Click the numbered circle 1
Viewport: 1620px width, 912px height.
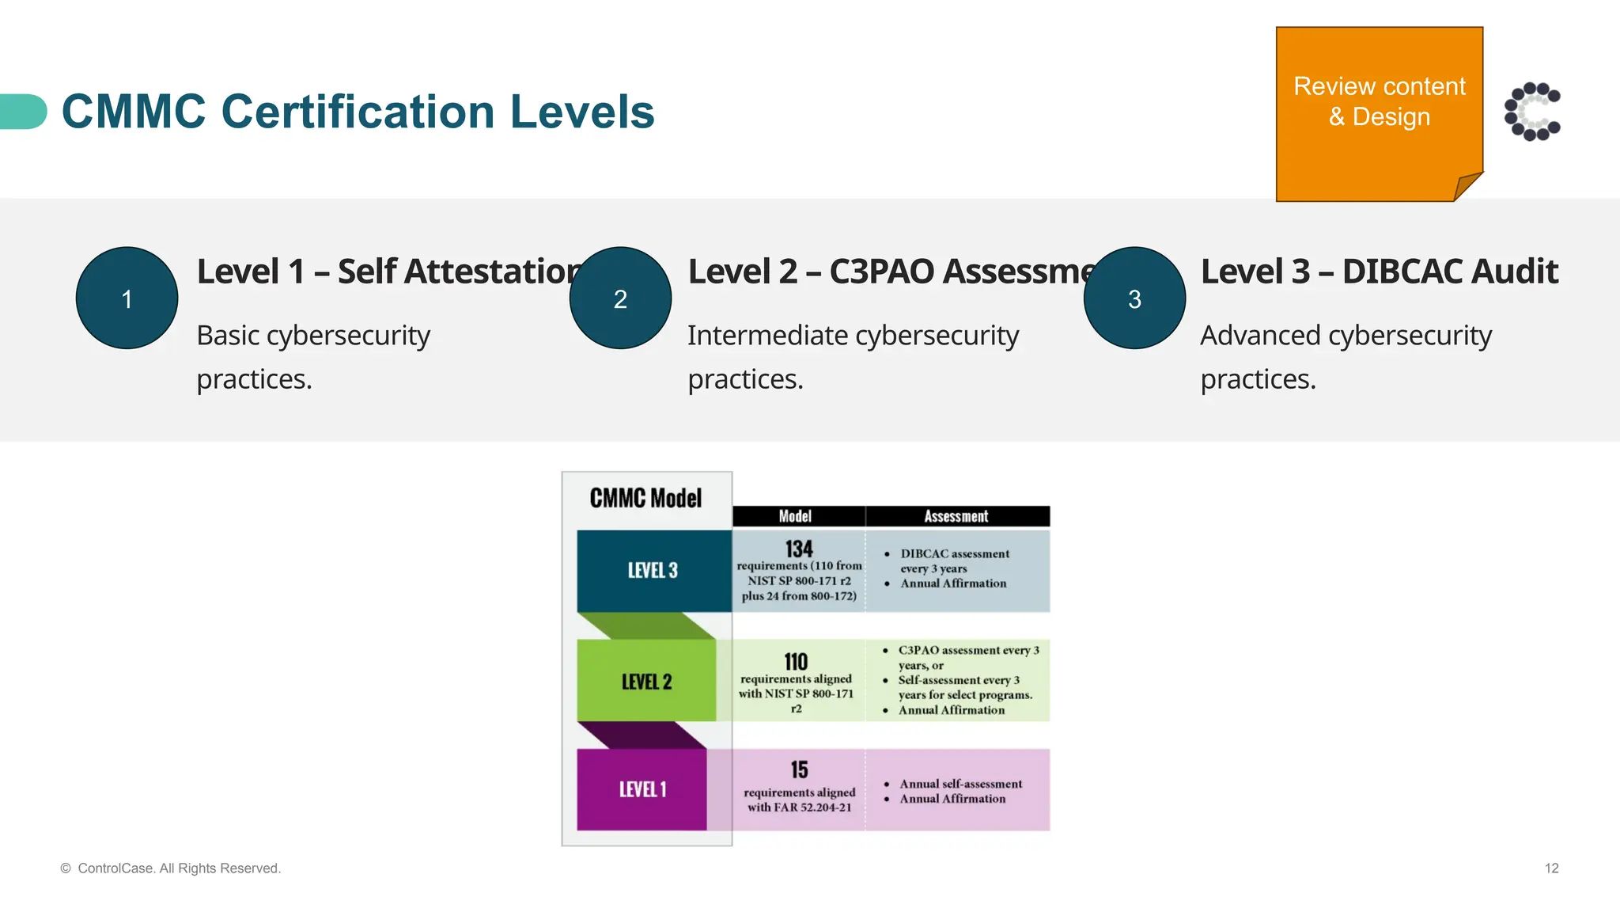click(127, 298)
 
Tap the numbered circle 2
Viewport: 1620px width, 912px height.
click(620, 298)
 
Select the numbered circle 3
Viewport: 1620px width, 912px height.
click(1134, 298)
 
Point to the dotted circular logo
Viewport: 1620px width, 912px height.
click(1532, 112)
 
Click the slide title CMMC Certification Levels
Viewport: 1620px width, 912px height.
click(358, 112)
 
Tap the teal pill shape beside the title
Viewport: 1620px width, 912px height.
click(23, 112)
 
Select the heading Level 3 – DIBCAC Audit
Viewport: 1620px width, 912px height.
click(1379, 272)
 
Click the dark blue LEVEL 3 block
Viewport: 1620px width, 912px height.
click(653, 571)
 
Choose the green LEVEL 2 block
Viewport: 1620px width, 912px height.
click(646, 682)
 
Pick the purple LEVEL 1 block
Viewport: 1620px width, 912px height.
click(642, 789)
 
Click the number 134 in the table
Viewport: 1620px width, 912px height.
click(799, 549)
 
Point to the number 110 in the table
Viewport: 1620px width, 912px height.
click(796, 662)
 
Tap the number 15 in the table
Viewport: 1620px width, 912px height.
click(799, 769)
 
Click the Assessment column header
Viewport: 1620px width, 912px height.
click(956, 516)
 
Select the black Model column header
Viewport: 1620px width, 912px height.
click(795, 516)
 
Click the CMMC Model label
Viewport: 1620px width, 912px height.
click(645, 498)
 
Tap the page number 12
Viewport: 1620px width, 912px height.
click(1551, 868)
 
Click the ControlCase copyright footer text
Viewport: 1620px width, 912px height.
click(171, 868)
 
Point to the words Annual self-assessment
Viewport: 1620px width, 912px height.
click(960, 784)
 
